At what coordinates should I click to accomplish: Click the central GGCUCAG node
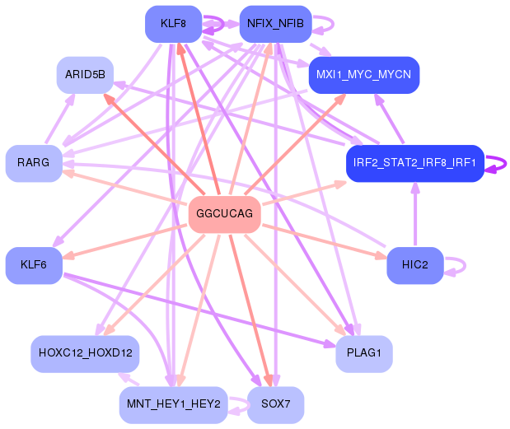coord(224,214)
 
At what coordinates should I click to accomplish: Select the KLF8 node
coord(173,24)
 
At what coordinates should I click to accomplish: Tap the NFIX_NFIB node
coord(275,24)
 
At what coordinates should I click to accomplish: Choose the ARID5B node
coord(85,75)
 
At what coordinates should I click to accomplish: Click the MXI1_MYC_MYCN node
coord(364,75)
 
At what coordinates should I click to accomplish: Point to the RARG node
coord(34,163)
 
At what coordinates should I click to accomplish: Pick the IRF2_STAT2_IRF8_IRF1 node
coord(415,163)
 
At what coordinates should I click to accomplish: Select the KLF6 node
coord(34,265)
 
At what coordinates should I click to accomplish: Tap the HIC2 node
coord(415,265)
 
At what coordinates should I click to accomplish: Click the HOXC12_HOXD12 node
coord(85,354)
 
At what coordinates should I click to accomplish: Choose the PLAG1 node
coord(364,354)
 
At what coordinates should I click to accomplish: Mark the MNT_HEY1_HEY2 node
coord(173,405)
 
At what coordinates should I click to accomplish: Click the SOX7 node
coord(275,405)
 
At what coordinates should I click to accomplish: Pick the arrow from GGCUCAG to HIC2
coord(325,241)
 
